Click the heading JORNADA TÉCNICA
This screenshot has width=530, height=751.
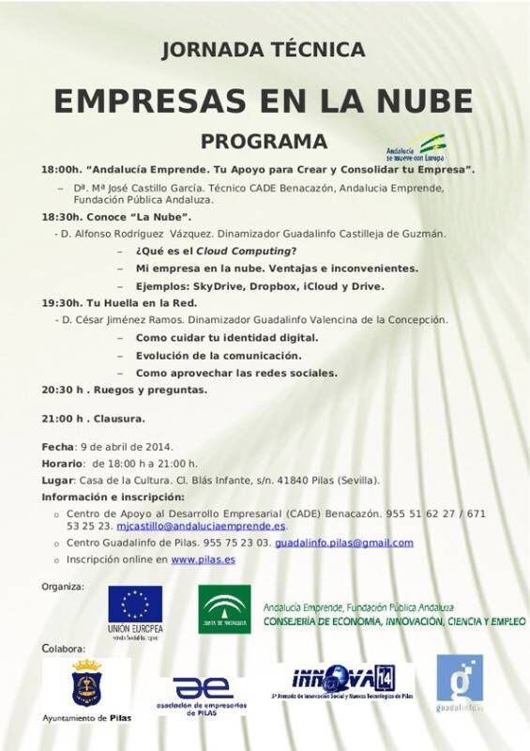(263, 50)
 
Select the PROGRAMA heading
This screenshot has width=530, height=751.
(264, 142)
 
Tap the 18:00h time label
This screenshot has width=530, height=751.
(61, 170)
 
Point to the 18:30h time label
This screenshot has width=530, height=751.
(61, 216)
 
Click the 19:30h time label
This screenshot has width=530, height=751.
(61, 303)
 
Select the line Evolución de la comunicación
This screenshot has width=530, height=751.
(219, 355)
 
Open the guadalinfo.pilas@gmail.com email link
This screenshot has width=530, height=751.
(344, 543)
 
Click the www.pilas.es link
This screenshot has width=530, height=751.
(203, 559)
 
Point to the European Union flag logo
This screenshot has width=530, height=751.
(135, 605)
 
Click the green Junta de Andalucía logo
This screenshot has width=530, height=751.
(224, 609)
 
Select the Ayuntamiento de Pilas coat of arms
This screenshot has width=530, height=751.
(87, 683)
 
